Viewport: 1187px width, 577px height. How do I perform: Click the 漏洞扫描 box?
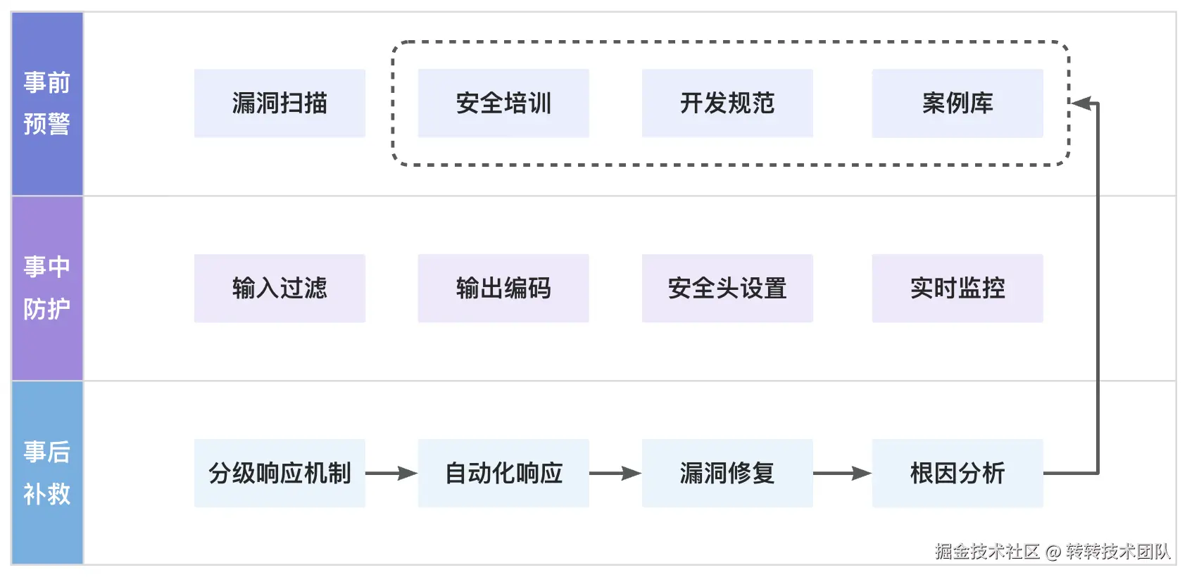point(280,103)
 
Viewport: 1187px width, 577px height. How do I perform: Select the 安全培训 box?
point(503,103)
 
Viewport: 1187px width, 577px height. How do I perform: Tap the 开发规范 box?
point(727,103)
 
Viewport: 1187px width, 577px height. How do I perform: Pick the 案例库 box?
point(957,103)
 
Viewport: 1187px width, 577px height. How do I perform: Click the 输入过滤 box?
point(280,288)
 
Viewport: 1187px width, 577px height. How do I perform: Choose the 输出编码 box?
point(503,288)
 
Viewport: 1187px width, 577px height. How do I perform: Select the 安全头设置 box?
point(727,288)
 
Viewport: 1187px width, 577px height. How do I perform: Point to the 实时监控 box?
point(957,288)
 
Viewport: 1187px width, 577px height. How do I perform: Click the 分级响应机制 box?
point(280,474)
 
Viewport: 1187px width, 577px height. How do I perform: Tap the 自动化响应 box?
point(503,474)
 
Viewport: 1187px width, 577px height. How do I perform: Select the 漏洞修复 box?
point(727,474)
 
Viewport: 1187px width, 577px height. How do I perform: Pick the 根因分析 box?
point(957,474)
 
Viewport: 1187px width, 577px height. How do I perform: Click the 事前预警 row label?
point(47,103)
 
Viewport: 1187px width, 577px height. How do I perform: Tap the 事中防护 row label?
point(47,288)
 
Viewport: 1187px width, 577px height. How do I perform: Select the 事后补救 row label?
point(47,473)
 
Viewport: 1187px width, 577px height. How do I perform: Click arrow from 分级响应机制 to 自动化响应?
point(391,474)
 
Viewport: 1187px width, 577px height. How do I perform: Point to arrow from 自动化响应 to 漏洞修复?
point(615,474)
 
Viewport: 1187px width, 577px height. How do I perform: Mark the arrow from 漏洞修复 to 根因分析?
point(842,474)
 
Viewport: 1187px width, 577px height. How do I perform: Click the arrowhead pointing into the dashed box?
point(1081,104)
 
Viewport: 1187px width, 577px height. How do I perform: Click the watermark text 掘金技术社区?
point(987,552)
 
